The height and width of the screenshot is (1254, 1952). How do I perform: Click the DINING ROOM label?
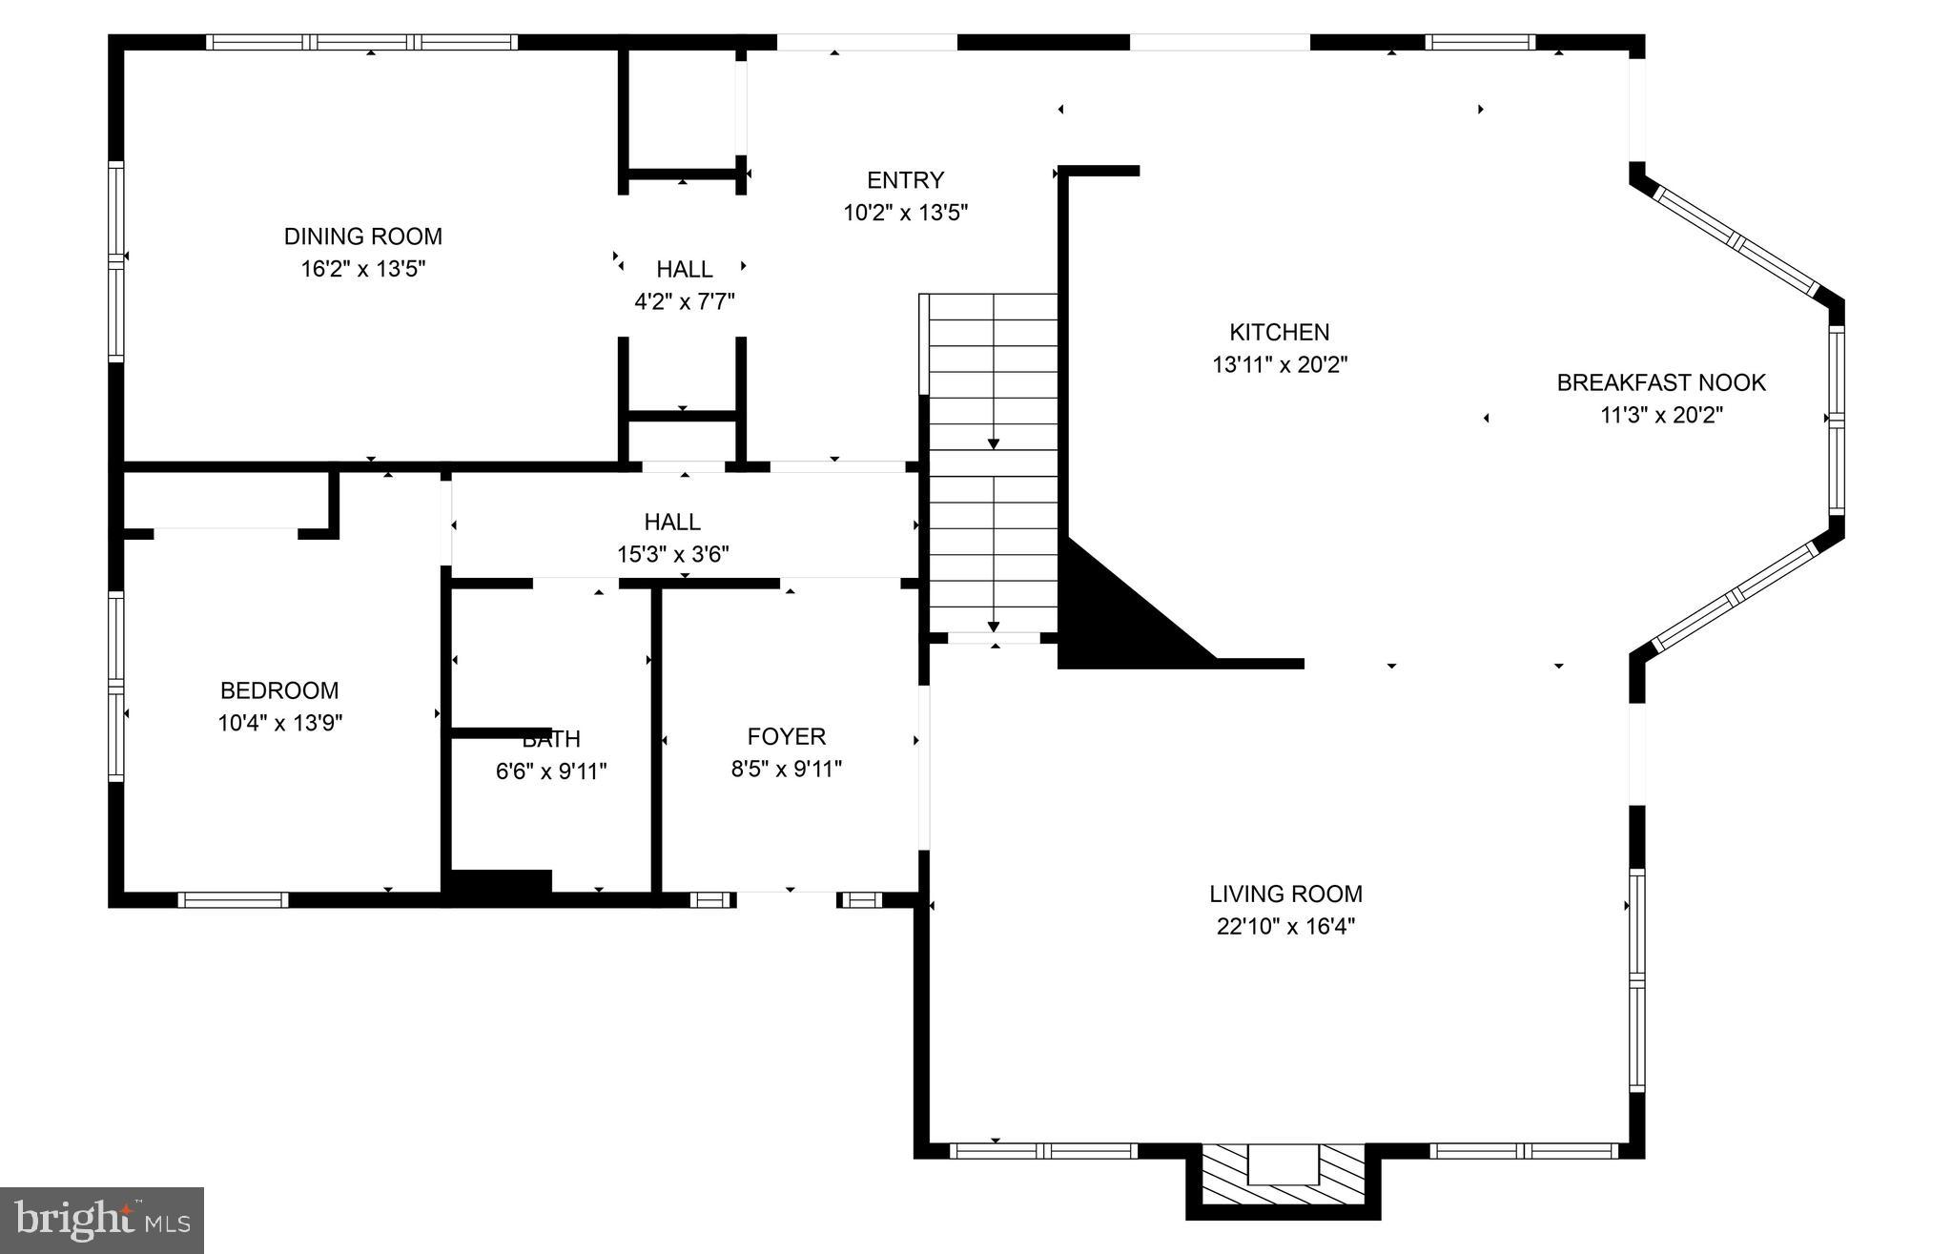tap(362, 236)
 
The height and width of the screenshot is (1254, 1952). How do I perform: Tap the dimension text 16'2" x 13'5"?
tap(362, 269)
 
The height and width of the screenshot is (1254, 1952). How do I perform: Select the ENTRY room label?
tap(905, 180)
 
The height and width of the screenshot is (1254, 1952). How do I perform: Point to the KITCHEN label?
tap(1279, 333)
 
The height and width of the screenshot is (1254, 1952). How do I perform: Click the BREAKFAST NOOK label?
tap(1661, 383)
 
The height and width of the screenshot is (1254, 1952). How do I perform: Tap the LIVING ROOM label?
tap(1285, 894)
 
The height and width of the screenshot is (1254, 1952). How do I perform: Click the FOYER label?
tap(786, 736)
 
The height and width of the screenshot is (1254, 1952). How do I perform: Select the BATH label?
tap(551, 740)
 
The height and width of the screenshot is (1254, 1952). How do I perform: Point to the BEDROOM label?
tap(279, 690)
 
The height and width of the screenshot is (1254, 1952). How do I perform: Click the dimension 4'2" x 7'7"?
tap(684, 302)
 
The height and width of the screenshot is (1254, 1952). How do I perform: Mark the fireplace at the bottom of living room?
tap(1283, 1178)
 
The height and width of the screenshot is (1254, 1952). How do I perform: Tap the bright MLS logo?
tap(102, 1220)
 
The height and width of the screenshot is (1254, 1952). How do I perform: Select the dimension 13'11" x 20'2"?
tap(1279, 365)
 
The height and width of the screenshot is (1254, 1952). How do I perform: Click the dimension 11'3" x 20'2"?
tap(1661, 416)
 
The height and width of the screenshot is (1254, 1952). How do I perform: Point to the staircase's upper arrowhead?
tap(994, 443)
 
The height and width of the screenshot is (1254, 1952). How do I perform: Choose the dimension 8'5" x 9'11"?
tap(786, 770)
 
